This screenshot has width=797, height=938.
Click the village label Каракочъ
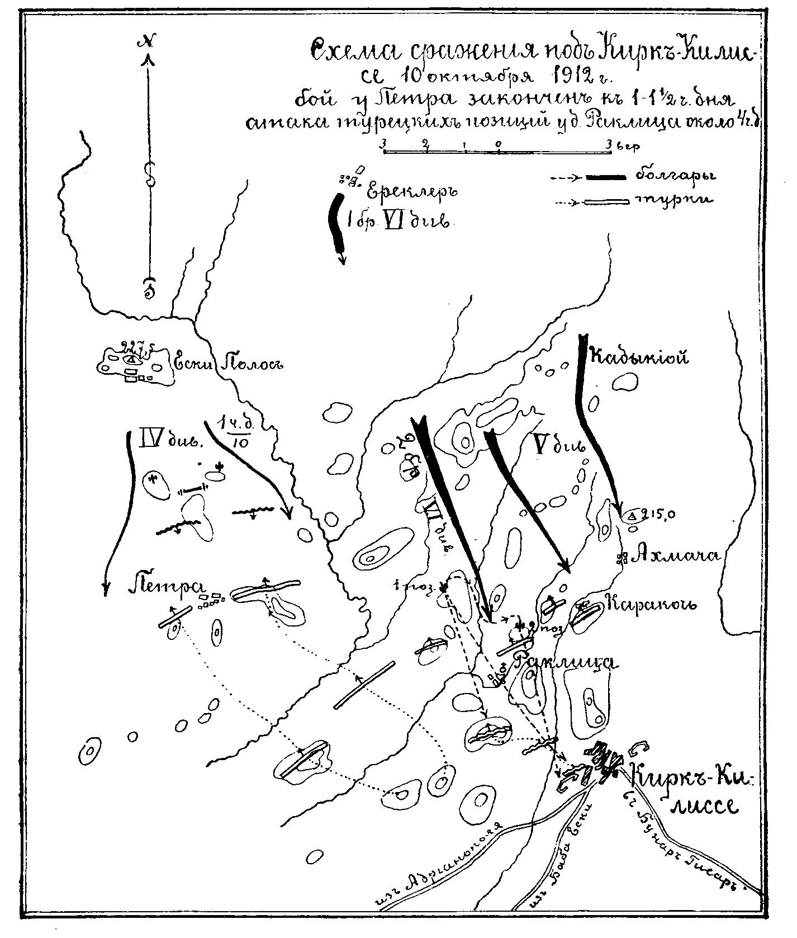coord(651,604)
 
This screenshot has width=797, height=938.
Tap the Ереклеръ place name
coord(412,192)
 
